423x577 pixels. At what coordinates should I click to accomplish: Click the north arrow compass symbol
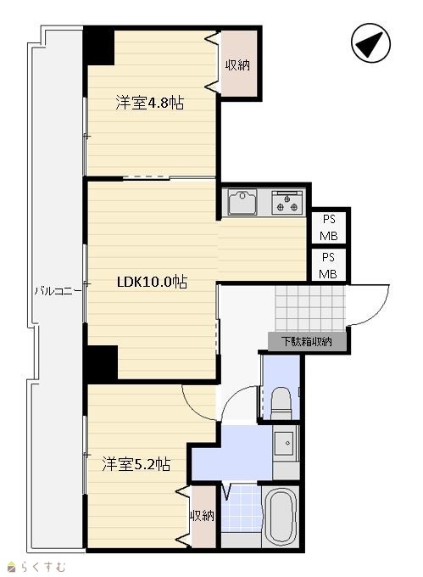tap(370, 42)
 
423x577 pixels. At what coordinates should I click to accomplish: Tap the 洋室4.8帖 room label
tap(149, 103)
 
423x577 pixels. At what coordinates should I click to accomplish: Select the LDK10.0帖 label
tap(152, 282)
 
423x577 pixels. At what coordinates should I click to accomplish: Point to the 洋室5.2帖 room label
tap(136, 464)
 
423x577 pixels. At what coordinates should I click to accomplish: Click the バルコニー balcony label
tap(58, 291)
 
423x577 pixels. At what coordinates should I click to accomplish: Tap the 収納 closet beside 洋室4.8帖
tap(237, 64)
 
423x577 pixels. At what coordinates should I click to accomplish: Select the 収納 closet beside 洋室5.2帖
tap(202, 516)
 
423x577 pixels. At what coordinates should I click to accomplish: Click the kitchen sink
tap(242, 202)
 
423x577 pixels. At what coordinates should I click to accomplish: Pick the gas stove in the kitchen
tap(287, 203)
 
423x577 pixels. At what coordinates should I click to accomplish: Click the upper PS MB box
tap(329, 227)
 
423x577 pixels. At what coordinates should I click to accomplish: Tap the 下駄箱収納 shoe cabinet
tap(307, 341)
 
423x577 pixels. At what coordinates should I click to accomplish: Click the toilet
tap(281, 403)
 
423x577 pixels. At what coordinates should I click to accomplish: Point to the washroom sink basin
tap(286, 444)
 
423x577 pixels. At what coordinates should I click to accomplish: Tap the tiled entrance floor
tap(310, 308)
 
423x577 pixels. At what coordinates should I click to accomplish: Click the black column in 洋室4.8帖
tap(99, 47)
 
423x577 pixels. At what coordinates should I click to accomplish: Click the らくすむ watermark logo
tap(36, 567)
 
